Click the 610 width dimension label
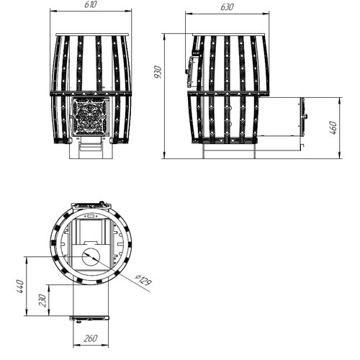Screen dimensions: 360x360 pyautogui.click(x=91, y=4)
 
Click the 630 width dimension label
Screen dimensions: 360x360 pyautogui.click(x=227, y=7)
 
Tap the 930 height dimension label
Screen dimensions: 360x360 pyautogui.click(x=158, y=72)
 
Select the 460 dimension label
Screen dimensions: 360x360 pyautogui.click(x=333, y=127)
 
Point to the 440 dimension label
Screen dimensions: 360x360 pyautogui.click(x=20, y=287)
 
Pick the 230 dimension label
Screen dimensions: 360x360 pyautogui.click(x=42, y=300)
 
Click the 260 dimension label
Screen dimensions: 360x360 pyautogui.click(x=91, y=338)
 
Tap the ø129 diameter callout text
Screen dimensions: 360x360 pyautogui.click(x=143, y=280)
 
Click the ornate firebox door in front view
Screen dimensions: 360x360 pyautogui.click(x=89, y=117)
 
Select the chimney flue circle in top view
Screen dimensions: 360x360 pyautogui.click(x=91, y=256)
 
